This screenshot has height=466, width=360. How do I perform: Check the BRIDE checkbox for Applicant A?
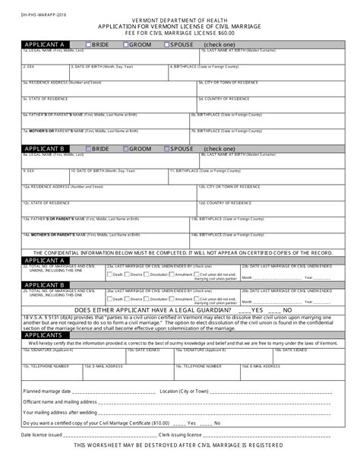click(88, 45)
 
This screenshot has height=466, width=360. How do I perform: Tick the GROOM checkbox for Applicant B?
click(127, 149)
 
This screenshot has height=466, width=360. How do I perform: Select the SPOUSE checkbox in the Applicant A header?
click(166, 45)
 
